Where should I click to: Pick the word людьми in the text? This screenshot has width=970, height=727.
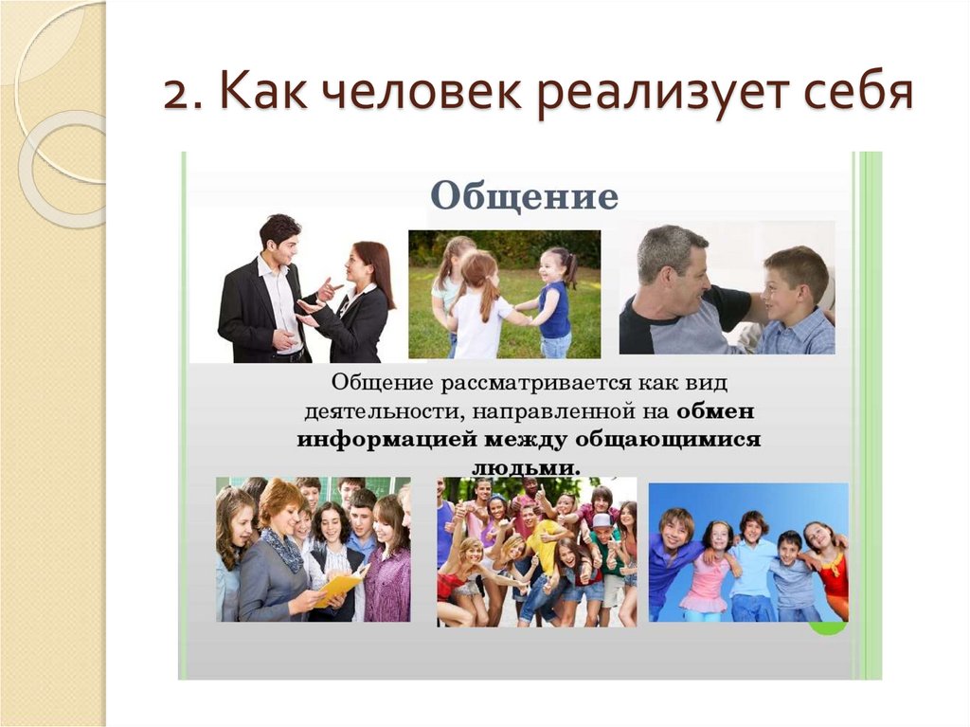[526, 467]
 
